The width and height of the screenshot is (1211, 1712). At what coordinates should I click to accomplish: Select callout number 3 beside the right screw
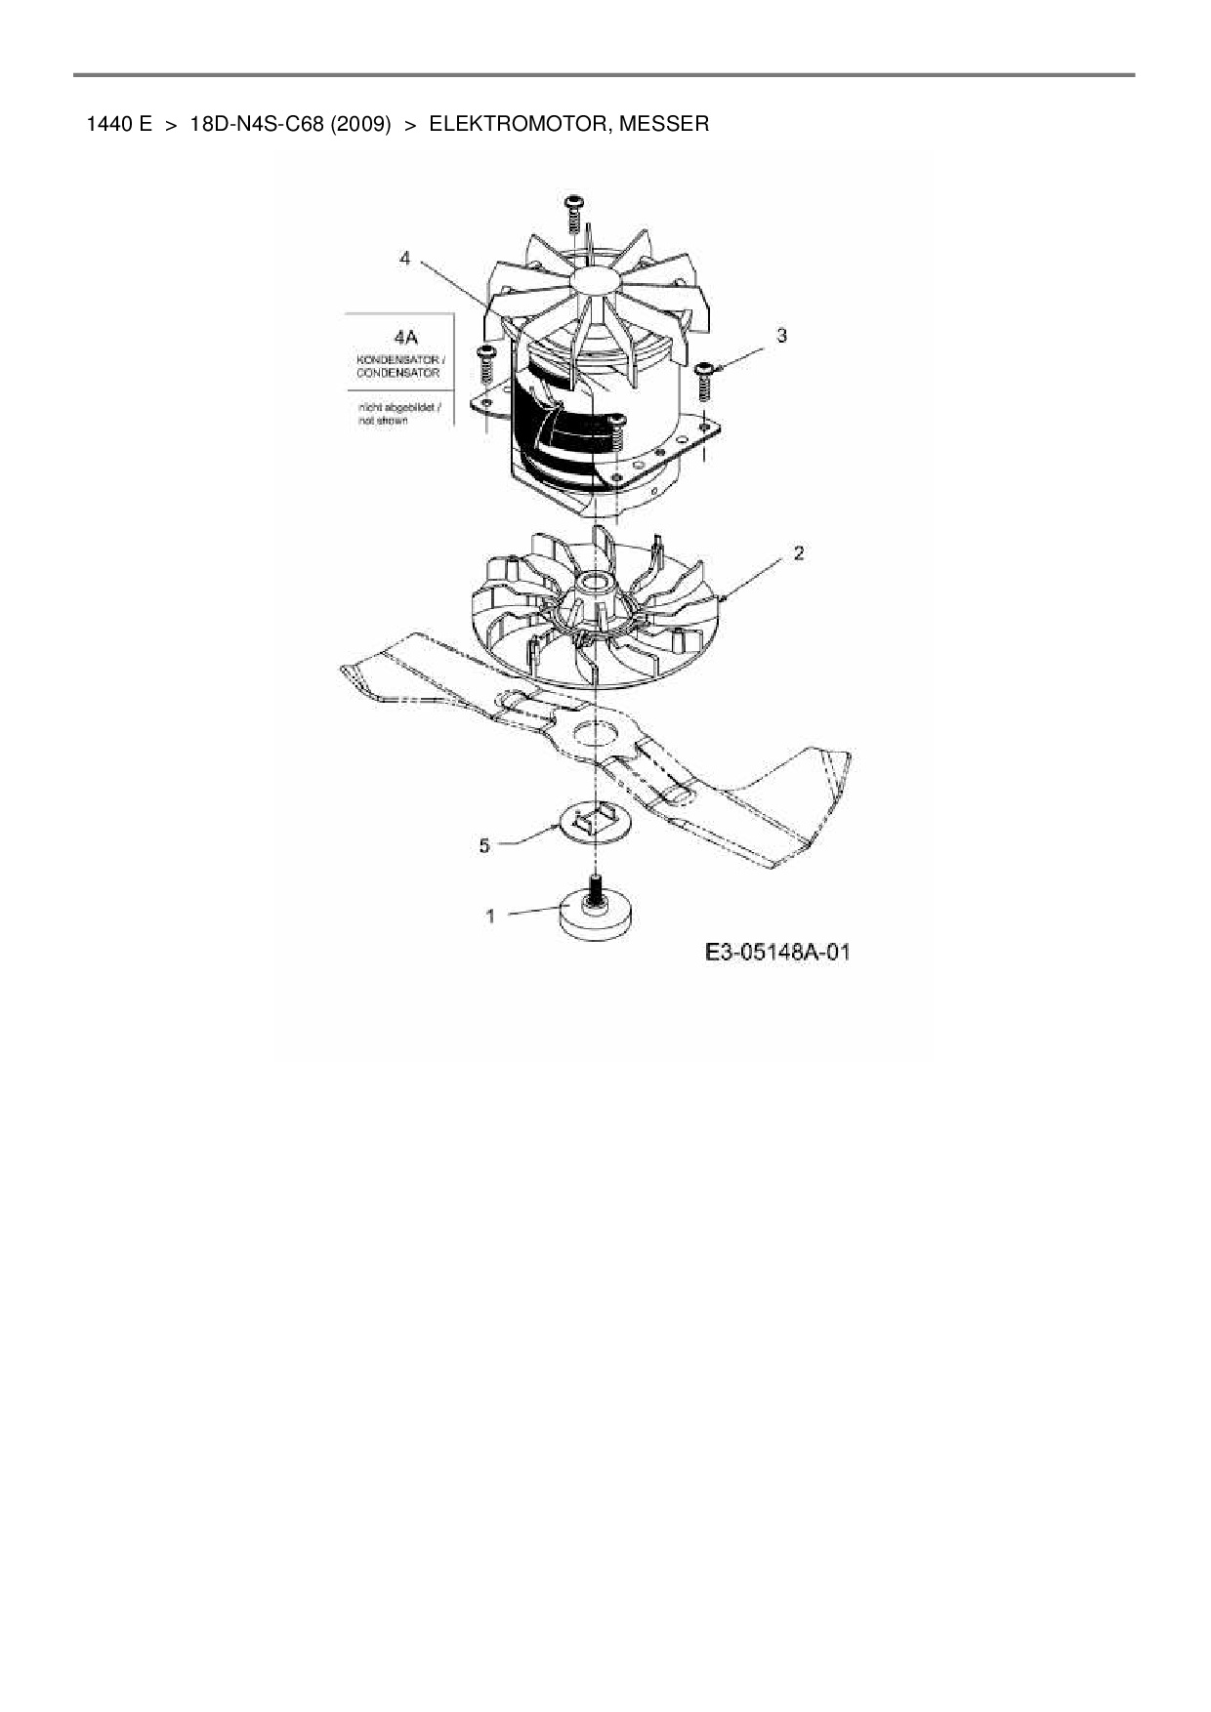(x=781, y=336)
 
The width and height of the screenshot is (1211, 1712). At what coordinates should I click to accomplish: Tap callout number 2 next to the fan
(x=799, y=553)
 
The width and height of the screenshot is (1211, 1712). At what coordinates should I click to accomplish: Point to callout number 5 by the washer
(x=484, y=845)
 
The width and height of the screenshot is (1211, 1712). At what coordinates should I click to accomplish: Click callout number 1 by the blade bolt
(x=490, y=916)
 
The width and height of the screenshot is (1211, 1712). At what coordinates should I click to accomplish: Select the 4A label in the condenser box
(x=399, y=337)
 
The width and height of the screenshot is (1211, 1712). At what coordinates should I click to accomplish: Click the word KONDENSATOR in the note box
(x=397, y=360)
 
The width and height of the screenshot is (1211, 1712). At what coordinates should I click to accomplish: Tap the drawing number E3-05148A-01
(x=776, y=952)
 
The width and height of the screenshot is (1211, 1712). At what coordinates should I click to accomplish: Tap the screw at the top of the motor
(x=574, y=212)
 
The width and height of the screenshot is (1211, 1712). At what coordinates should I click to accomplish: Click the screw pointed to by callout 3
(x=704, y=384)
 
